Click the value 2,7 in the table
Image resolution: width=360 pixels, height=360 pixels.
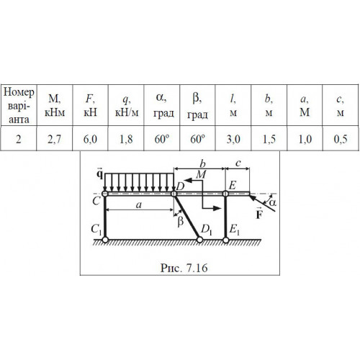point(54,139)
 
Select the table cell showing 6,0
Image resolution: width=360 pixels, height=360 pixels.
point(90,139)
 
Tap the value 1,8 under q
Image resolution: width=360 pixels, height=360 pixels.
point(126,139)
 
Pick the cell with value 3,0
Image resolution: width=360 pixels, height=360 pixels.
point(233,139)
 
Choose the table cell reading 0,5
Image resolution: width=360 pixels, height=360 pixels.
point(341,139)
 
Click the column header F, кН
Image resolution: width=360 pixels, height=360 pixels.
point(90,106)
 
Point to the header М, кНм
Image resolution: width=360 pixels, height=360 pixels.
point(55,106)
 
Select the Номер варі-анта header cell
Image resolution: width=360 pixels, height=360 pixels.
point(19,106)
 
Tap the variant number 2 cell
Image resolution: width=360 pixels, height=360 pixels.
point(19,139)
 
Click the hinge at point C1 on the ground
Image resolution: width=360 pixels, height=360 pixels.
point(105,240)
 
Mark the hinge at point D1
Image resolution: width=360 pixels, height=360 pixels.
point(199,240)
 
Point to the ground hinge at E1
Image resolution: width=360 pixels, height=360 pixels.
point(225,240)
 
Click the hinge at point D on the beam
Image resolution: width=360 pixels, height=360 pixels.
point(174,194)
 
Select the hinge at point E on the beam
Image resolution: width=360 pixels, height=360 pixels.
point(225,194)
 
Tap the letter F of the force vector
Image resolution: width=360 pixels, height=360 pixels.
point(259,215)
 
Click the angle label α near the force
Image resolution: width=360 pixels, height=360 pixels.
point(272,203)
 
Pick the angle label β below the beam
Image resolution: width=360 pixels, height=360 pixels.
point(181,221)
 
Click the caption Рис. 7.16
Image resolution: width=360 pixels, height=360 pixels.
point(184,268)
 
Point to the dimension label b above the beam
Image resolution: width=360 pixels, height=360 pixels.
point(203,164)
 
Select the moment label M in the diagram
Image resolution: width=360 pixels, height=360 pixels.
point(201,174)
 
